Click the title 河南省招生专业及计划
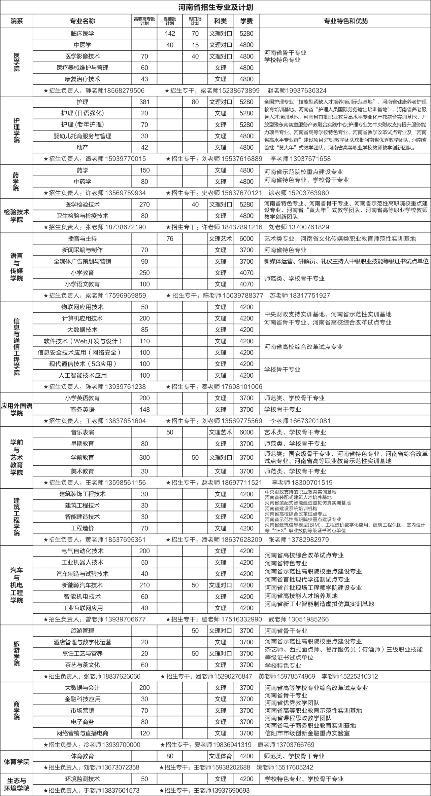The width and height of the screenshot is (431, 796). point(215,7)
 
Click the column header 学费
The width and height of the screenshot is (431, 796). point(246,21)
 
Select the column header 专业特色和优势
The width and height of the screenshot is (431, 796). point(345,21)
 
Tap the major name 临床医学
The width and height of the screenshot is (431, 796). point(82,34)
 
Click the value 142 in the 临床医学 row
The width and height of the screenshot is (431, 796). point(170,34)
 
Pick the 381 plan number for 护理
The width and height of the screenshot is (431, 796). point(144,102)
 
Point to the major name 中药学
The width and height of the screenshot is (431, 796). point(82,182)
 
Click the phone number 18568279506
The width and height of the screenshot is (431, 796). point(124,90)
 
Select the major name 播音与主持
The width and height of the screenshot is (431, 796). point(82,239)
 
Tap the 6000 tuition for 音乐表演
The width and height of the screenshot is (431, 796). point(246,432)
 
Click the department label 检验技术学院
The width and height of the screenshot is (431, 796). point(16,216)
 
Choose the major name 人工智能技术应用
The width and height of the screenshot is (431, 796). point(82,375)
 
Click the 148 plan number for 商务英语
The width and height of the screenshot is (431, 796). point(144,410)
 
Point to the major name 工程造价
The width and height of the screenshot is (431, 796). point(82,528)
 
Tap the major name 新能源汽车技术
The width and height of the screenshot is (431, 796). point(82,585)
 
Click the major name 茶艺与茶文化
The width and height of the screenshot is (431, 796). point(82,665)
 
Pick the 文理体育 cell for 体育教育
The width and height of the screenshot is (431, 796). point(221,756)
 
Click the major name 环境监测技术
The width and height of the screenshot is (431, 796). point(82,779)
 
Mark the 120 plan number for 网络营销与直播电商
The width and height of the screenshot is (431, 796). point(144,733)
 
